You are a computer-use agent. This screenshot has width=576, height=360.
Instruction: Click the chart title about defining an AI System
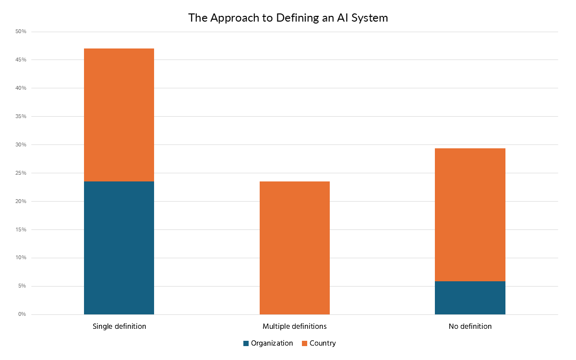tap(288, 18)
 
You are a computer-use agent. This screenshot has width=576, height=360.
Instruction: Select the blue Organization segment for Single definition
tap(119, 248)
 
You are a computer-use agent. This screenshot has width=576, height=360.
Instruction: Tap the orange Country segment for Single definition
tap(119, 115)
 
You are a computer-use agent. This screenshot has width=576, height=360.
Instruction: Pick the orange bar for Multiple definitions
tap(295, 248)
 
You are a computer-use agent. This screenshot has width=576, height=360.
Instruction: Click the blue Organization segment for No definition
tap(470, 298)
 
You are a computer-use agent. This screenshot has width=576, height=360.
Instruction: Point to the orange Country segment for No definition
tap(470, 215)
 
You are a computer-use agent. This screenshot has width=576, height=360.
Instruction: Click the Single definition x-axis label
tap(119, 326)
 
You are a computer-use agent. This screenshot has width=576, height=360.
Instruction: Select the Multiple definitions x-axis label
tap(295, 326)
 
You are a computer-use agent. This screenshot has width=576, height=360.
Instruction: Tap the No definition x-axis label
tap(470, 326)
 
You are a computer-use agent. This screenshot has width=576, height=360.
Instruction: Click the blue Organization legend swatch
tap(246, 343)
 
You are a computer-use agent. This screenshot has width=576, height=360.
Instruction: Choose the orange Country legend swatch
tap(305, 343)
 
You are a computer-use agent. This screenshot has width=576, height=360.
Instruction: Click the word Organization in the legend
tap(272, 343)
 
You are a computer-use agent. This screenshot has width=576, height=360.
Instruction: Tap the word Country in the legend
tap(323, 343)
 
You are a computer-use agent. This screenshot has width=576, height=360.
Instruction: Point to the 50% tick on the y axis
tap(21, 32)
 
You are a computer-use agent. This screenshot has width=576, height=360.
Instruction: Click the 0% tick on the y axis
tap(22, 314)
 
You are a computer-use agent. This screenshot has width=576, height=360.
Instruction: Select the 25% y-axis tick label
tap(21, 173)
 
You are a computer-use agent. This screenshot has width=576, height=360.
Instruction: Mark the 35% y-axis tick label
tap(21, 117)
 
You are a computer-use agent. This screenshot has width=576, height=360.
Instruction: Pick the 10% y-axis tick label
tap(21, 258)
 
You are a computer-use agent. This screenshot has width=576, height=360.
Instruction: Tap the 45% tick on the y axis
tap(21, 60)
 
